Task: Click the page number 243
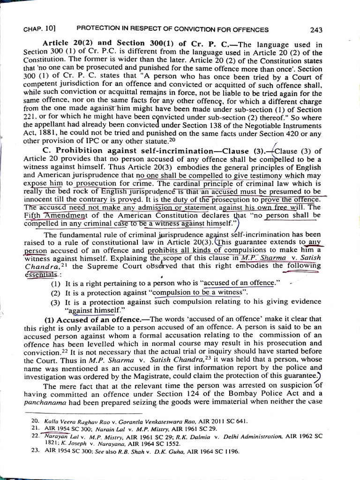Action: point(316,30)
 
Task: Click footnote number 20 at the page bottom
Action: point(35,421)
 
